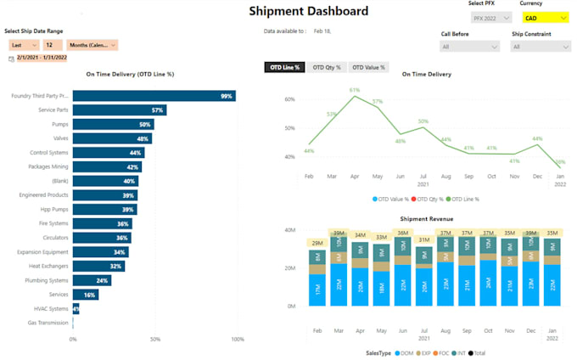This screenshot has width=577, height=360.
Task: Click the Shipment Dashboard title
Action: pyautogui.click(x=308, y=11)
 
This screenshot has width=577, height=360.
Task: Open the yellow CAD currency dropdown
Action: pyautogui.click(x=545, y=18)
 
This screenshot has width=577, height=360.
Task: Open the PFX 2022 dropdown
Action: pyautogui.click(x=490, y=18)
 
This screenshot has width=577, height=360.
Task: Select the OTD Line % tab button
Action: pyautogui.click(x=284, y=67)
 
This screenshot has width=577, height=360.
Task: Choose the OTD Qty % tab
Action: pyautogui.click(x=326, y=67)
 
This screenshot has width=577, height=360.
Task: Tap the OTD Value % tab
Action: pyautogui.click(x=368, y=67)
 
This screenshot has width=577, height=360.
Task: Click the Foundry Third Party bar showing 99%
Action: pyautogui.click(x=154, y=96)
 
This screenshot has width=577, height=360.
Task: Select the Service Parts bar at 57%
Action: pyautogui.click(x=119, y=110)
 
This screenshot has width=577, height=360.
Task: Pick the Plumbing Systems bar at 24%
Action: pyautogui.click(x=92, y=279)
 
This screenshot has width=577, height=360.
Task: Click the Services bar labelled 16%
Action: pyautogui.click(x=85, y=294)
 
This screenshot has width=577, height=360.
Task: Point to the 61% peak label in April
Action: pyautogui.click(x=355, y=89)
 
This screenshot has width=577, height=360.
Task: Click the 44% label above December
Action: pyautogui.click(x=537, y=138)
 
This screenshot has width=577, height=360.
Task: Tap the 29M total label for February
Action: pyautogui.click(x=317, y=244)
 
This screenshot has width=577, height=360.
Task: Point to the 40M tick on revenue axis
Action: pyautogui.click(x=288, y=230)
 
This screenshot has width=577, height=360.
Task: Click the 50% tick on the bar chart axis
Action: pyautogui.click(x=154, y=340)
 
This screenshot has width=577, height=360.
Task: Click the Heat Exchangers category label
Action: pyautogui.click(x=48, y=266)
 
